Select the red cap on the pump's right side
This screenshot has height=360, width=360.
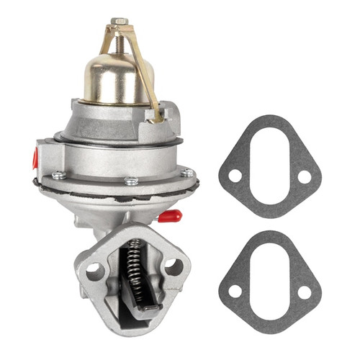click(171, 215)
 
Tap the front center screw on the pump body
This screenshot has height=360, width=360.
click(131, 181)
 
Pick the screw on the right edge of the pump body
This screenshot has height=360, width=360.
click(187, 172)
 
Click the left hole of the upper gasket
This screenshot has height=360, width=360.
click(235, 176)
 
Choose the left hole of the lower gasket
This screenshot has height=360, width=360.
click(235, 292)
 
